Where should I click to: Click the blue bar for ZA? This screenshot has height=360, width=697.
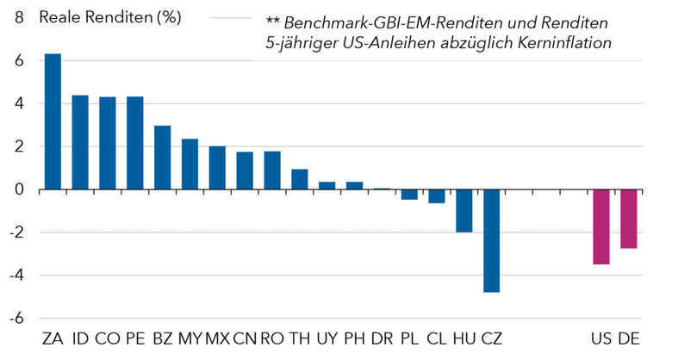[x=53, y=121]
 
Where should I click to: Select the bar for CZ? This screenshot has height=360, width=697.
[x=491, y=240]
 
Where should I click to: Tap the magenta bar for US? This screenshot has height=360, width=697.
[x=601, y=227]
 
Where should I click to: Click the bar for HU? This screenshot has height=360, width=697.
[x=464, y=210]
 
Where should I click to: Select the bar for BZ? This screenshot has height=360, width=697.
[x=162, y=158]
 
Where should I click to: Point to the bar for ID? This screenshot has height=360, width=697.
[x=80, y=142]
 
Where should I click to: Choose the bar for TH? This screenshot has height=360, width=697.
[x=299, y=179]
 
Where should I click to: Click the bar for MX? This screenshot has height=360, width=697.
[x=217, y=168]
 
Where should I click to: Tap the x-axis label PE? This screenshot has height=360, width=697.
[x=134, y=338]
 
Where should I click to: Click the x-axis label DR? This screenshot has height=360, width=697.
[x=382, y=338]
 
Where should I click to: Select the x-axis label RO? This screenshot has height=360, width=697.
[x=271, y=338]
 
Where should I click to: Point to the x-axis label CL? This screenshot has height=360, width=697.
[x=437, y=338]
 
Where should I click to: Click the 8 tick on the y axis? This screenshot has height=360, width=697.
[x=19, y=18]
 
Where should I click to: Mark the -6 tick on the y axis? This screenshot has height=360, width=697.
[x=16, y=318]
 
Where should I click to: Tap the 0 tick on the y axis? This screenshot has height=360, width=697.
[x=19, y=189]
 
